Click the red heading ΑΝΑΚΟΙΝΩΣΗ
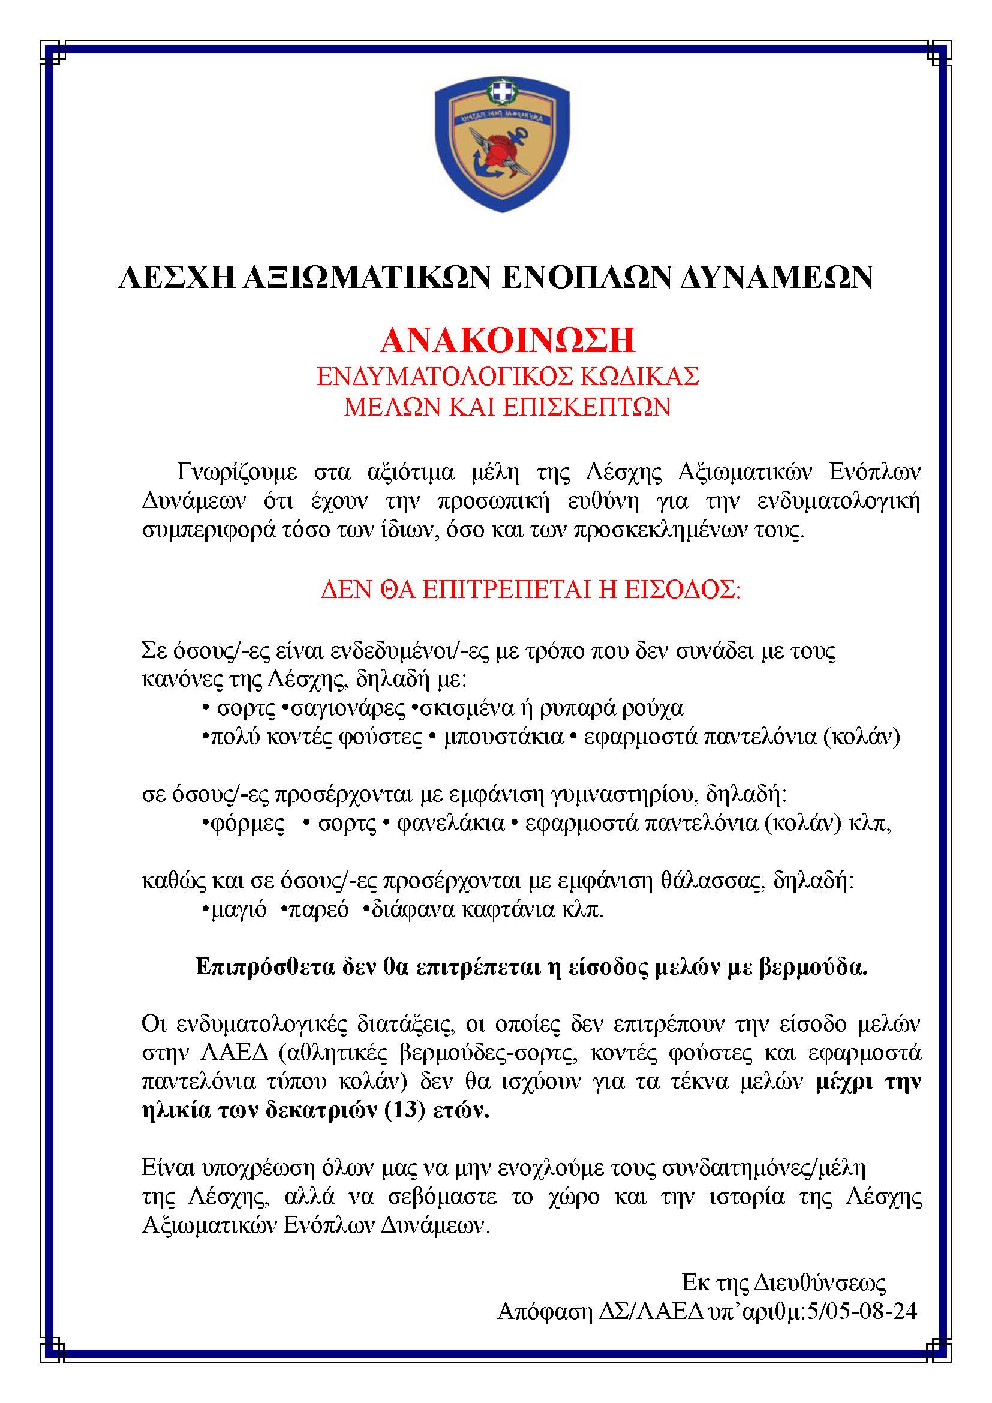point(507,340)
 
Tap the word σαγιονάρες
point(348,708)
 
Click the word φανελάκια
point(451,824)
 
